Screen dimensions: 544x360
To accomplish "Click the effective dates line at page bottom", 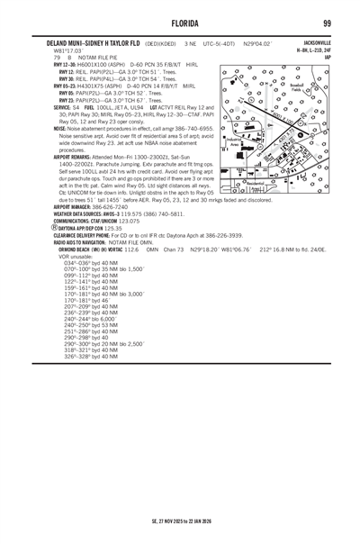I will [180, 521].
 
